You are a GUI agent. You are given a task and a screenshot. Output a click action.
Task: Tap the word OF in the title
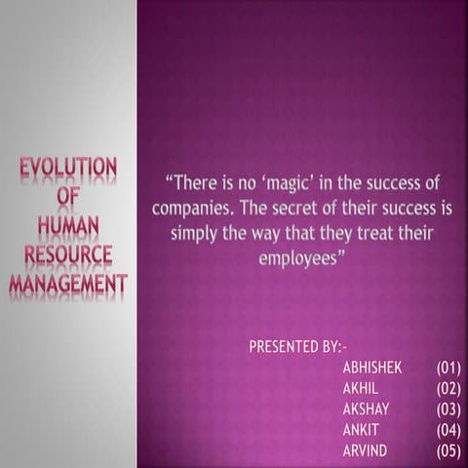point(68,196)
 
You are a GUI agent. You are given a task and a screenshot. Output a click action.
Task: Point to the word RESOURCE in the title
point(68,255)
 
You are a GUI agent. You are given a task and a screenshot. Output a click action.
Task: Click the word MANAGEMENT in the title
point(68,285)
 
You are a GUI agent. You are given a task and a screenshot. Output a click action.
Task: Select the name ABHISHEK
point(372,368)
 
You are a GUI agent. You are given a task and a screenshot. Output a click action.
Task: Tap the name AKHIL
point(360,388)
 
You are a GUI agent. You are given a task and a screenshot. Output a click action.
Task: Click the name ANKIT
point(360,429)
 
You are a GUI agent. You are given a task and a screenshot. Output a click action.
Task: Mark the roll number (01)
point(448,368)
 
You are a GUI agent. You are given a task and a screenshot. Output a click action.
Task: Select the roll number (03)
point(448,409)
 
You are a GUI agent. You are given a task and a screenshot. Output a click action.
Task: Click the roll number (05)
point(448,449)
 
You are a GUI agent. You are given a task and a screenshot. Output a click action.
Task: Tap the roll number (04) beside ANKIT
point(448,429)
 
